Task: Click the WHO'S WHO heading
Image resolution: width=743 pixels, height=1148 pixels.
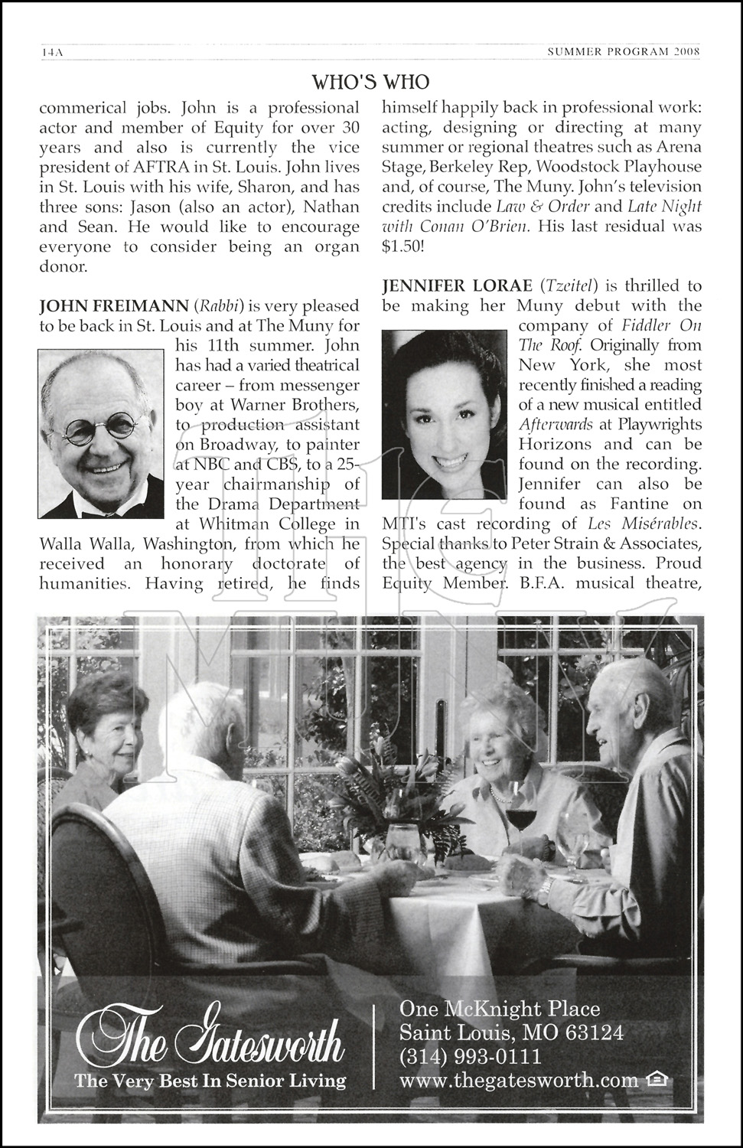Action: (x=371, y=81)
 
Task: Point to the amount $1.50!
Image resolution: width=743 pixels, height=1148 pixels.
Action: (x=405, y=246)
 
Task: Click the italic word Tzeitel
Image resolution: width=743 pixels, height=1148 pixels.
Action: (x=567, y=286)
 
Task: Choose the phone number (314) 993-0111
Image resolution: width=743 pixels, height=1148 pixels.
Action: (x=471, y=1057)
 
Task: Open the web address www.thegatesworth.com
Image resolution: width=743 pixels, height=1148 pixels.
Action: (x=519, y=1080)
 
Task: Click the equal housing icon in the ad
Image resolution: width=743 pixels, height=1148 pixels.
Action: (x=657, y=1080)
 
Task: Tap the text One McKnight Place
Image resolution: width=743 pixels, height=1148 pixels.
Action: (x=500, y=1009)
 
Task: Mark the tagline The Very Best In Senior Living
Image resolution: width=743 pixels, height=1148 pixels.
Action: (x=210, y=1081)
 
